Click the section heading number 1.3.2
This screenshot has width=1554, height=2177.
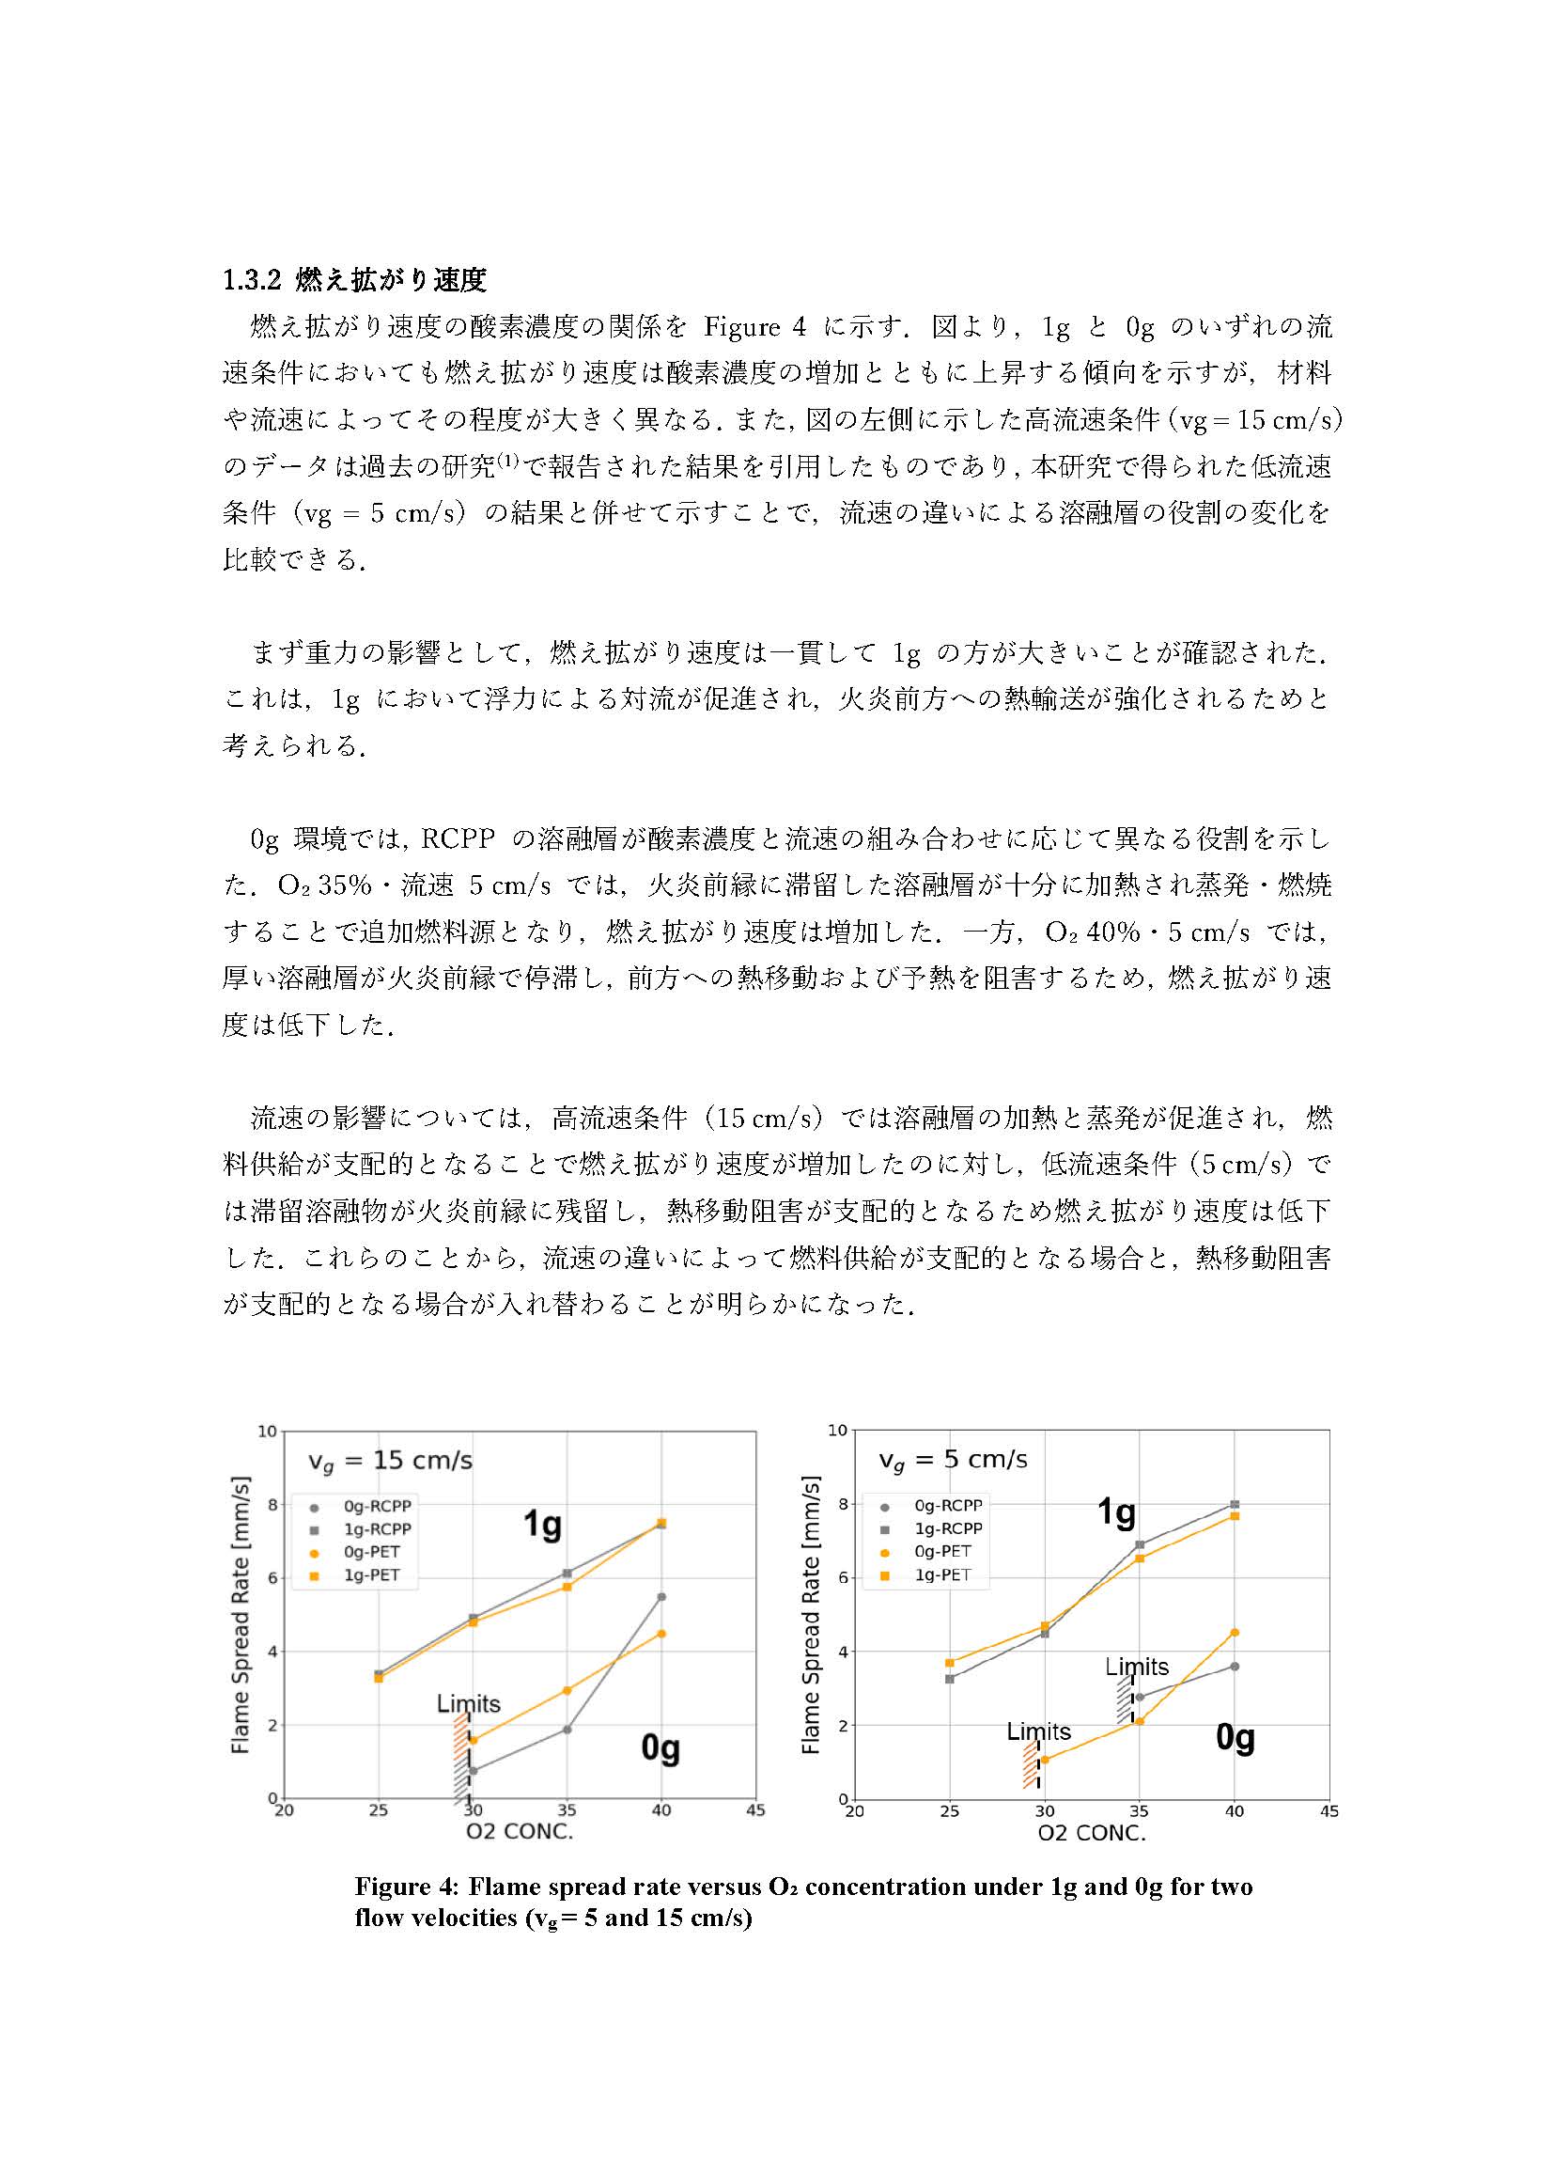tap(251, 280)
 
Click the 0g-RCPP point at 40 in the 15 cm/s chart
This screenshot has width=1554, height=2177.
tap(661, 1597)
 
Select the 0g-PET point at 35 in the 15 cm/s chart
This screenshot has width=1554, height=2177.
tap(567, 1691)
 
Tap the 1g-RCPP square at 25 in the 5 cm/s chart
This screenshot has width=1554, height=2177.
tap(949, 1678)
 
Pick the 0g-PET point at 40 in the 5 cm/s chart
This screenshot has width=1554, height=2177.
tap(1235, 1632)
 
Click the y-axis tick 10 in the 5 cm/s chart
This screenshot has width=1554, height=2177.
tap(837, 1431)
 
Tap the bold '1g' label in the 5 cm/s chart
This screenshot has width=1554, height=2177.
tap(1116, 1511)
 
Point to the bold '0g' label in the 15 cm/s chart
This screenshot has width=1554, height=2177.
tap(660, 1747)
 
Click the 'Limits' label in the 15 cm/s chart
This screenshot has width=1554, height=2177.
tap(468, 1704)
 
